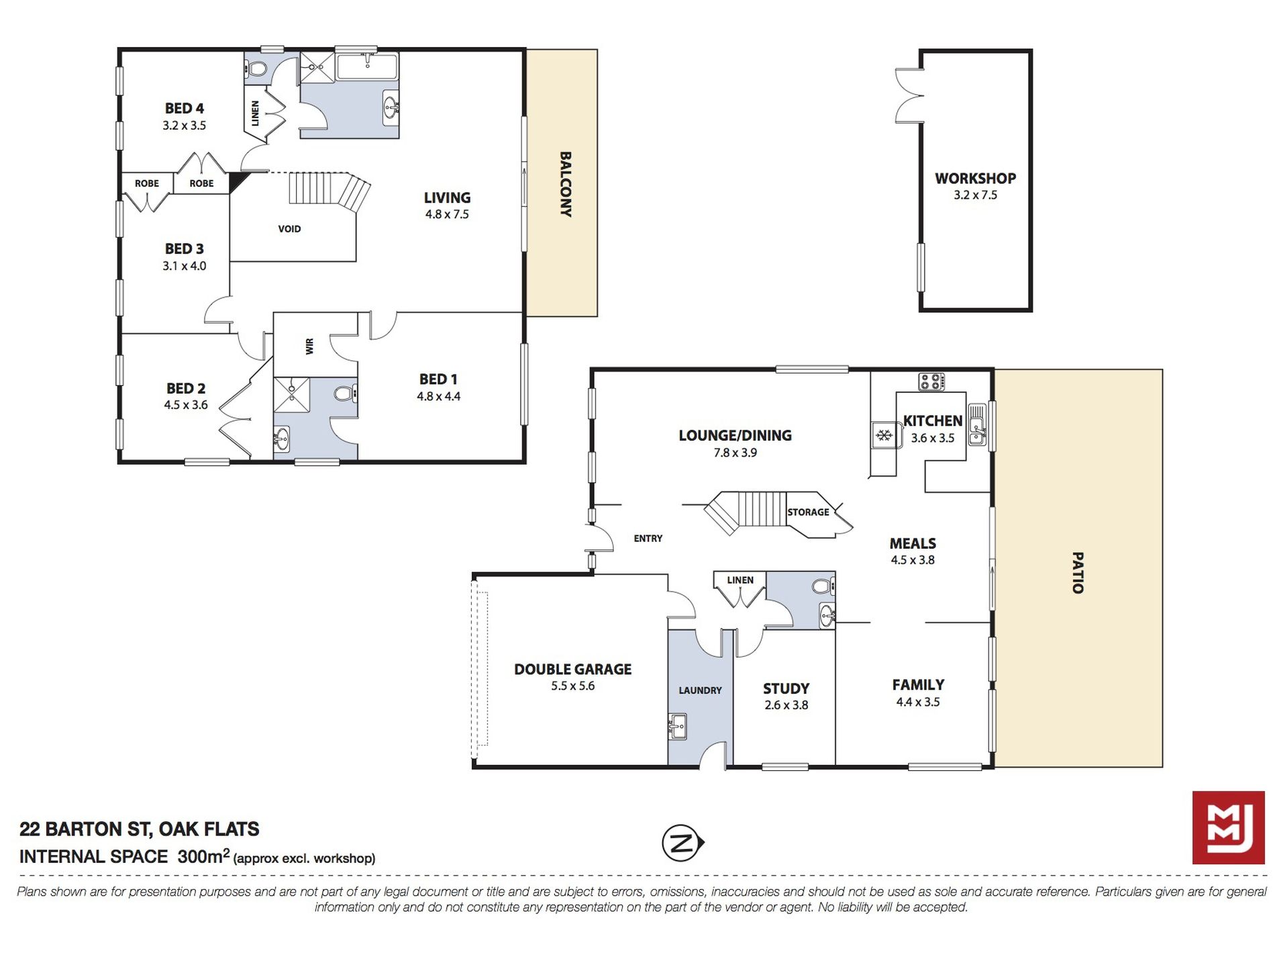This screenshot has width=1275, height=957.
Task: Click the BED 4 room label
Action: pyautogui.click(x=185, y=108)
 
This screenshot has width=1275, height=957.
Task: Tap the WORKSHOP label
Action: pyautogui.click(x=975, y=179)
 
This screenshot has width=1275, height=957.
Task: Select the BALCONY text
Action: pyautogui.click(x=566, y=184)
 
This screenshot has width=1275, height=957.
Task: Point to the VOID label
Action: pyautogui.click(x=289, y=229)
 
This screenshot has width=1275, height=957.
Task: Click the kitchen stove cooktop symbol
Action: pyautogui.click(x=931, y=382)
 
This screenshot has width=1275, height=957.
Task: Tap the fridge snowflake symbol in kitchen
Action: pyautogui.click(x=884, y=435)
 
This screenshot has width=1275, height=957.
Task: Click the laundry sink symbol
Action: pyautogui.click(x=678, y=726)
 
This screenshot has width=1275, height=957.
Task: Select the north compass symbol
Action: pyautogui.click(x=682, y=843)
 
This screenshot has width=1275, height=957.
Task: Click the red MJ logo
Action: pyautogui.click(x=1228, y=827)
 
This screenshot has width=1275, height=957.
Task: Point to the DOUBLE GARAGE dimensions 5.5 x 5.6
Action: pyautogui.click(x=573, y=686)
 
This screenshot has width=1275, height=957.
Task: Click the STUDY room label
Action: pyautogui.click(x=786, y=689)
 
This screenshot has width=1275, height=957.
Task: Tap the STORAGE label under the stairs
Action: pyautogui.click(x=808, y=512)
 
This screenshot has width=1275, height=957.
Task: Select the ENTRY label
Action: pyautogui.click(x=648, y=539)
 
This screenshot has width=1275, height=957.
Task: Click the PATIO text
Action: pyautogui.click(x=1077, y=573)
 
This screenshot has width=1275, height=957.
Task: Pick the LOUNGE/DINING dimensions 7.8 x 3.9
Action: pyautogui.click(x=735, y=453)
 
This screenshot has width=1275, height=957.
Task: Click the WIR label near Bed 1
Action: pyautogui.click(x=309, y=347)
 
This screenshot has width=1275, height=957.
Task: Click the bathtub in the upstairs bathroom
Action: pyautogui.click(x=367, y=67)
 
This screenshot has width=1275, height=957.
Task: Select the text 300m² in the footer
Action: pyautogui.click(x=203, y=856)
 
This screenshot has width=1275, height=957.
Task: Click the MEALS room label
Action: pyautogui.click(x=913, y=543)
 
